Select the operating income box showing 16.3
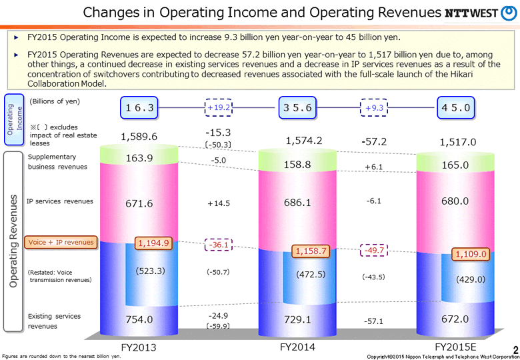tap(139, 107)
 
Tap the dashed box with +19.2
tap(219, 107)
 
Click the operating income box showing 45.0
tap(455, 107)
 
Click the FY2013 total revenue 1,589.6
tap(139, 136)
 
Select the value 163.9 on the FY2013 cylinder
tap(139, 158)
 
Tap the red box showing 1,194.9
tap(154, 243)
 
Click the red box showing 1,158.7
tap(312, 251)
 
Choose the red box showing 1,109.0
tap(471, 253)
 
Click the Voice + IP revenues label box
tap(61, 242)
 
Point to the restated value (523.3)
tap(150, 271)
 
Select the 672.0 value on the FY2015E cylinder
tap(455, 319)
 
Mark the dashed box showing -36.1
tap(219, 245)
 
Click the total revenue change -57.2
tap(375, 141)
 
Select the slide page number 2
tap(515, 349)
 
